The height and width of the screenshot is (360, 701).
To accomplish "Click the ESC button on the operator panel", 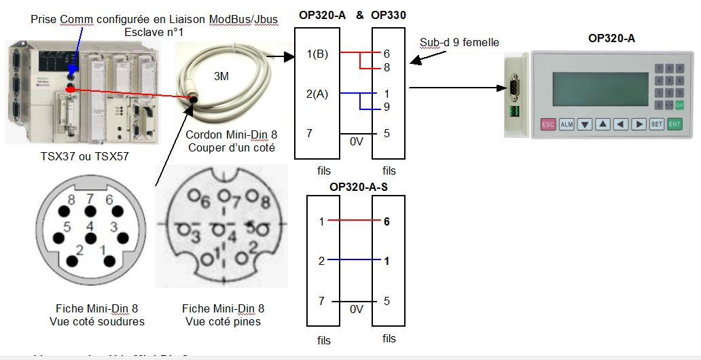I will coord(547,124).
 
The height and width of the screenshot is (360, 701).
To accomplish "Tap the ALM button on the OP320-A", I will coord(567,124).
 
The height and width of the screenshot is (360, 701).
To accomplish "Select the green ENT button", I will coord(674,124).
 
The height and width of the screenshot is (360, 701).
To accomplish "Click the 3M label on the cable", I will coord(221,77).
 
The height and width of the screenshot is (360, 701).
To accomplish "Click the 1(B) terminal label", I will coord(317,54).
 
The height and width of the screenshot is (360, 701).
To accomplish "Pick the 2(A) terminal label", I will coord(317,94).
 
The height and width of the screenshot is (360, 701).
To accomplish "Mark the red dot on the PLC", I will coord(69,90).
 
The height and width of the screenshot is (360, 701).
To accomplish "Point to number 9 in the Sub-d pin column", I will coord(387,106).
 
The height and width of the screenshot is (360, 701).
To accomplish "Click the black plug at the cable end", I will coord(194,99).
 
